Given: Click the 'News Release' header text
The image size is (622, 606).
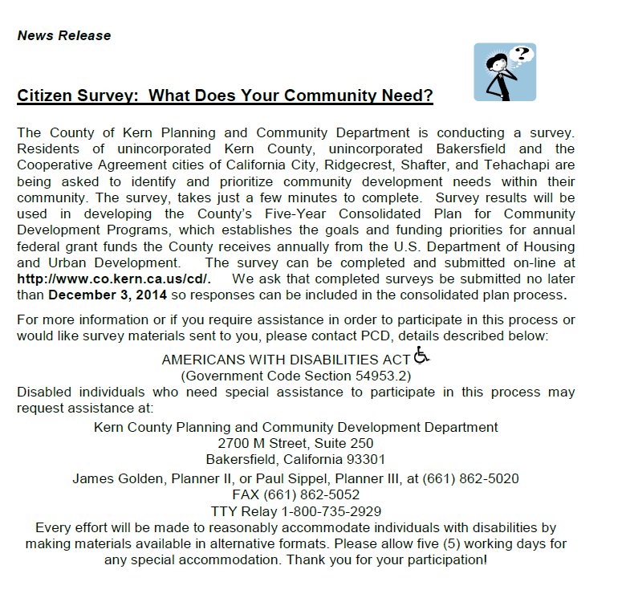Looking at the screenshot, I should tap(64, 35).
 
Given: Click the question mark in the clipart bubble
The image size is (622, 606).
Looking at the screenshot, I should tap(522, 55).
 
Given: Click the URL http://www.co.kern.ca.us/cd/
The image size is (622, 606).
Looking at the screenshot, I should tap(113, 279).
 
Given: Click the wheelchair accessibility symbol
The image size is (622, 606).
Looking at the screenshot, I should tap(422, 354).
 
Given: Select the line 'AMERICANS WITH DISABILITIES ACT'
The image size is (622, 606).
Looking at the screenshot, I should tap(286, 360).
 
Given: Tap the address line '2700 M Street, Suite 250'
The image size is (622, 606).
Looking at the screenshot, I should tap(295, 443).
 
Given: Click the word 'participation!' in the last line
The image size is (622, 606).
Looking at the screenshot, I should tap(445, 559).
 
